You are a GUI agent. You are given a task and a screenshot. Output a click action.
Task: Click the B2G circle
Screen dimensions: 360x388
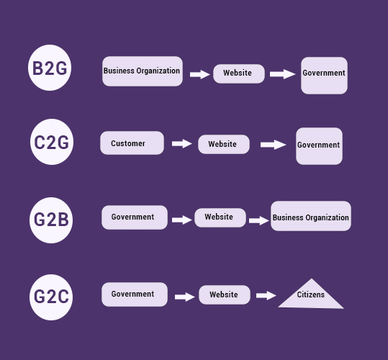coord(50,68)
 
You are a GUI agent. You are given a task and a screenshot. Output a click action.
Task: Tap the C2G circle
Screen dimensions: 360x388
coord(52,143)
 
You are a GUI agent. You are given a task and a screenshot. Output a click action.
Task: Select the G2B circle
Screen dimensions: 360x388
coord(52,220)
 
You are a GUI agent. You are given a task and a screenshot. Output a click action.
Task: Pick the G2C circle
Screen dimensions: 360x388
coord(52,295)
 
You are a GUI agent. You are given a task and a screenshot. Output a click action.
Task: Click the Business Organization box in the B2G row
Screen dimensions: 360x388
coord(142,71)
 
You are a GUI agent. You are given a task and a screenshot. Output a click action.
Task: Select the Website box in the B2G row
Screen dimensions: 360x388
coord(238,73)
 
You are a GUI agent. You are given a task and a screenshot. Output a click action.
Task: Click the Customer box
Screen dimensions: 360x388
coord(132,143)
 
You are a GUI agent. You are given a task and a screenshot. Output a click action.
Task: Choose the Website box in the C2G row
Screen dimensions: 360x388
coord(223,144)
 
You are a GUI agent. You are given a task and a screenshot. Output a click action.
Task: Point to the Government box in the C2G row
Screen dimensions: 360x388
coord(319,145)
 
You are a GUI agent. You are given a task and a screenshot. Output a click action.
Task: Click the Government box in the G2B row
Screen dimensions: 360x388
coord(134,217)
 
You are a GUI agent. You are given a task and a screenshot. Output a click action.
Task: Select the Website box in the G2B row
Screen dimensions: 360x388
coord(220,217)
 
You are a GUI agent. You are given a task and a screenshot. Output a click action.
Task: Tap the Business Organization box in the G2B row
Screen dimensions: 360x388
coord(311,217)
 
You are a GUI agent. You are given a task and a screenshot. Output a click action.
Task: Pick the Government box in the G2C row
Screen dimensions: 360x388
coord(134,294)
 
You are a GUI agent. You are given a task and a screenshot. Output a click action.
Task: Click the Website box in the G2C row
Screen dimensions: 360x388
coord(224,294)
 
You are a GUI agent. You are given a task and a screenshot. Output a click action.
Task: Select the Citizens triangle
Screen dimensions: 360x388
coord(311,296)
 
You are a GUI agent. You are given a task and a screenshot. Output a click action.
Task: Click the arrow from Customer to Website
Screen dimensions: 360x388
coord(181,144)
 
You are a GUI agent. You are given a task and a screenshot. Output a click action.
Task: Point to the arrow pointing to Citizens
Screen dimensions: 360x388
coord(266,295)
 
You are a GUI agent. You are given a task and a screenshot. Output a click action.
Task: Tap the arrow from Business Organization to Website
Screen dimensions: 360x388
coord(199,74)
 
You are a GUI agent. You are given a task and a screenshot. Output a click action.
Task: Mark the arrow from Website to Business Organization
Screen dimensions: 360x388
coord(258,220)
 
